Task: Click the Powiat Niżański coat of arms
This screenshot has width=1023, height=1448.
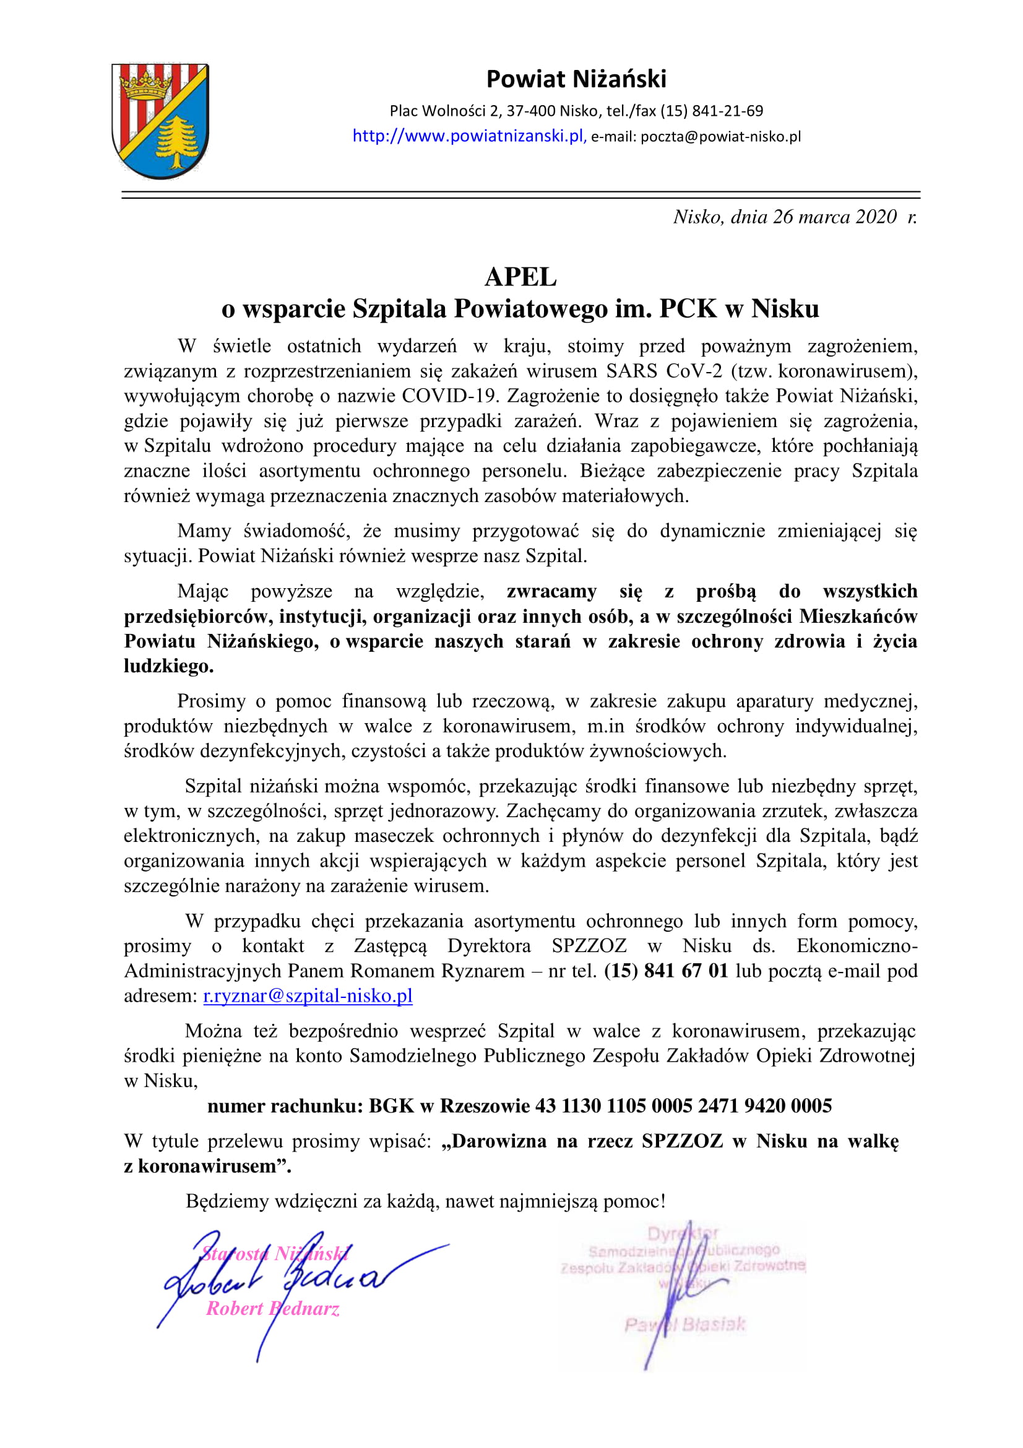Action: pos(160,121)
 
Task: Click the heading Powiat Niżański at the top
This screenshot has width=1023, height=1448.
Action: pos(576,79)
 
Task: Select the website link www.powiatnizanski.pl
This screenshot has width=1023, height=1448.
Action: pos(469,136)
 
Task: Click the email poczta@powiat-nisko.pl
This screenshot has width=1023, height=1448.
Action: pos(720,137)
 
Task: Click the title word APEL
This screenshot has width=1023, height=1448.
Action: pos(520,277)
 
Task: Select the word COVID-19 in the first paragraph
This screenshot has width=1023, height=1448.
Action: pos(451,396)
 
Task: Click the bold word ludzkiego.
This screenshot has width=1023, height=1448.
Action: pos(168,666)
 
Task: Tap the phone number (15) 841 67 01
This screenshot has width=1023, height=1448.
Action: pos(667,971)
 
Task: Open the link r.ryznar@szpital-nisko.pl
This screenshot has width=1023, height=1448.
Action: pos(308,996)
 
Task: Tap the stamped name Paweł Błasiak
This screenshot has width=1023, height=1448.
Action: pos(684,1324)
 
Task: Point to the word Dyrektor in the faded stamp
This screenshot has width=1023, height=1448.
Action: pos(683,1234)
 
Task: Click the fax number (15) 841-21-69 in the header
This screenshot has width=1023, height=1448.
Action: pos(712,111)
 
